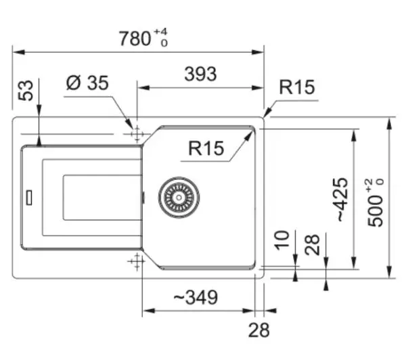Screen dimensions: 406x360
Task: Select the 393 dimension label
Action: point(200,74)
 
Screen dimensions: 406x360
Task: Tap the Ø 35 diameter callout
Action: point(87,83)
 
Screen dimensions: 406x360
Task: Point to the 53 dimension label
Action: point(26,91)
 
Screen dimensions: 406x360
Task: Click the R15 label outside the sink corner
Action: point(297,87)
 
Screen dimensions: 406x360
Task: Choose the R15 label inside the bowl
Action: point(206,148)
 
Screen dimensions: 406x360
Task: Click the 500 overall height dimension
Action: point(375,203)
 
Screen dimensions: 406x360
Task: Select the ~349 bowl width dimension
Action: point(196,297)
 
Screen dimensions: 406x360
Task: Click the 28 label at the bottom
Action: point(259,330)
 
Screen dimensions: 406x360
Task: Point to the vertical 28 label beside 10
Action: point(312,245)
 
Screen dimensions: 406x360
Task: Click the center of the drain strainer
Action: point(179,198)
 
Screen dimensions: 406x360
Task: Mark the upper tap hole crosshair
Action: point(137,135)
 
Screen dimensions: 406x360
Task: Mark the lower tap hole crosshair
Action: point(137,261)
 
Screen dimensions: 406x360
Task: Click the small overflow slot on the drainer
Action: point(29,198)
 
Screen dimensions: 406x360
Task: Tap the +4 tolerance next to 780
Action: point(161,32)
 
